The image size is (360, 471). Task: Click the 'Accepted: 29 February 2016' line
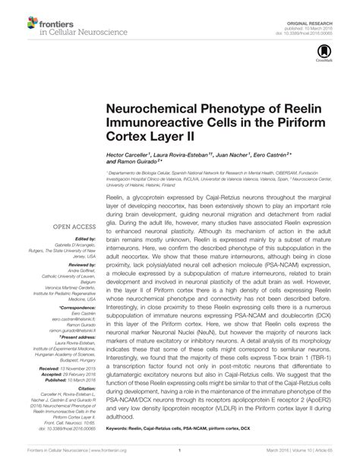point(65,343)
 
